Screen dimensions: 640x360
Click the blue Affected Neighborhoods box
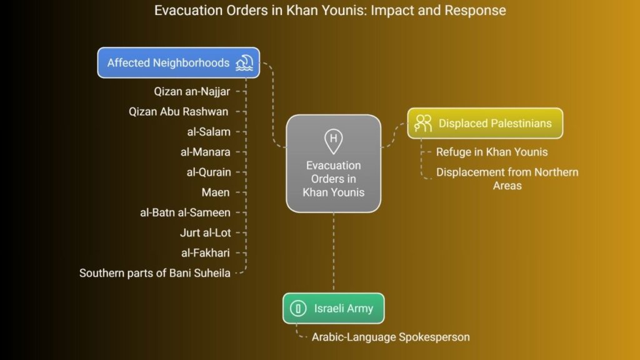point(178,63)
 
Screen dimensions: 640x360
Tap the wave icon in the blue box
point(244,63)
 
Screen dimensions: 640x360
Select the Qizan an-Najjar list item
point(192,91)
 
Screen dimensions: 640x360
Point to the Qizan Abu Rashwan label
point(178,111)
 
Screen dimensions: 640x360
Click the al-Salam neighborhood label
point(209,132)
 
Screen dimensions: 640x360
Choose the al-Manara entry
point(205,152)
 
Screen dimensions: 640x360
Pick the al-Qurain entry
point(209,172)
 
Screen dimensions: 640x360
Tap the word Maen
point(216,192)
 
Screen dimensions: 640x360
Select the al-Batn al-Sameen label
point(185,212)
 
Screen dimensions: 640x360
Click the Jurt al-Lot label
point(205,232)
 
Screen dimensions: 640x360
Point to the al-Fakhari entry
point(205,253)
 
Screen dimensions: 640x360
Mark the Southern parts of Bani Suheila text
point(155,273)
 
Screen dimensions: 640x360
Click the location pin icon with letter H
point(334,141)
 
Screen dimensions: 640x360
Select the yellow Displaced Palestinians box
point(485,123)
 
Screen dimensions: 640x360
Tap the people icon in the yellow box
point(423,123)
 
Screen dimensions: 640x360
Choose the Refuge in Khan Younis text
point(492,152)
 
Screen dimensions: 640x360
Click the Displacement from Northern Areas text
point(507,179)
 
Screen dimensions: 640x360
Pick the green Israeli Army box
point(334,308)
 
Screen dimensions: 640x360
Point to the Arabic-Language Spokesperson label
point(391,337)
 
